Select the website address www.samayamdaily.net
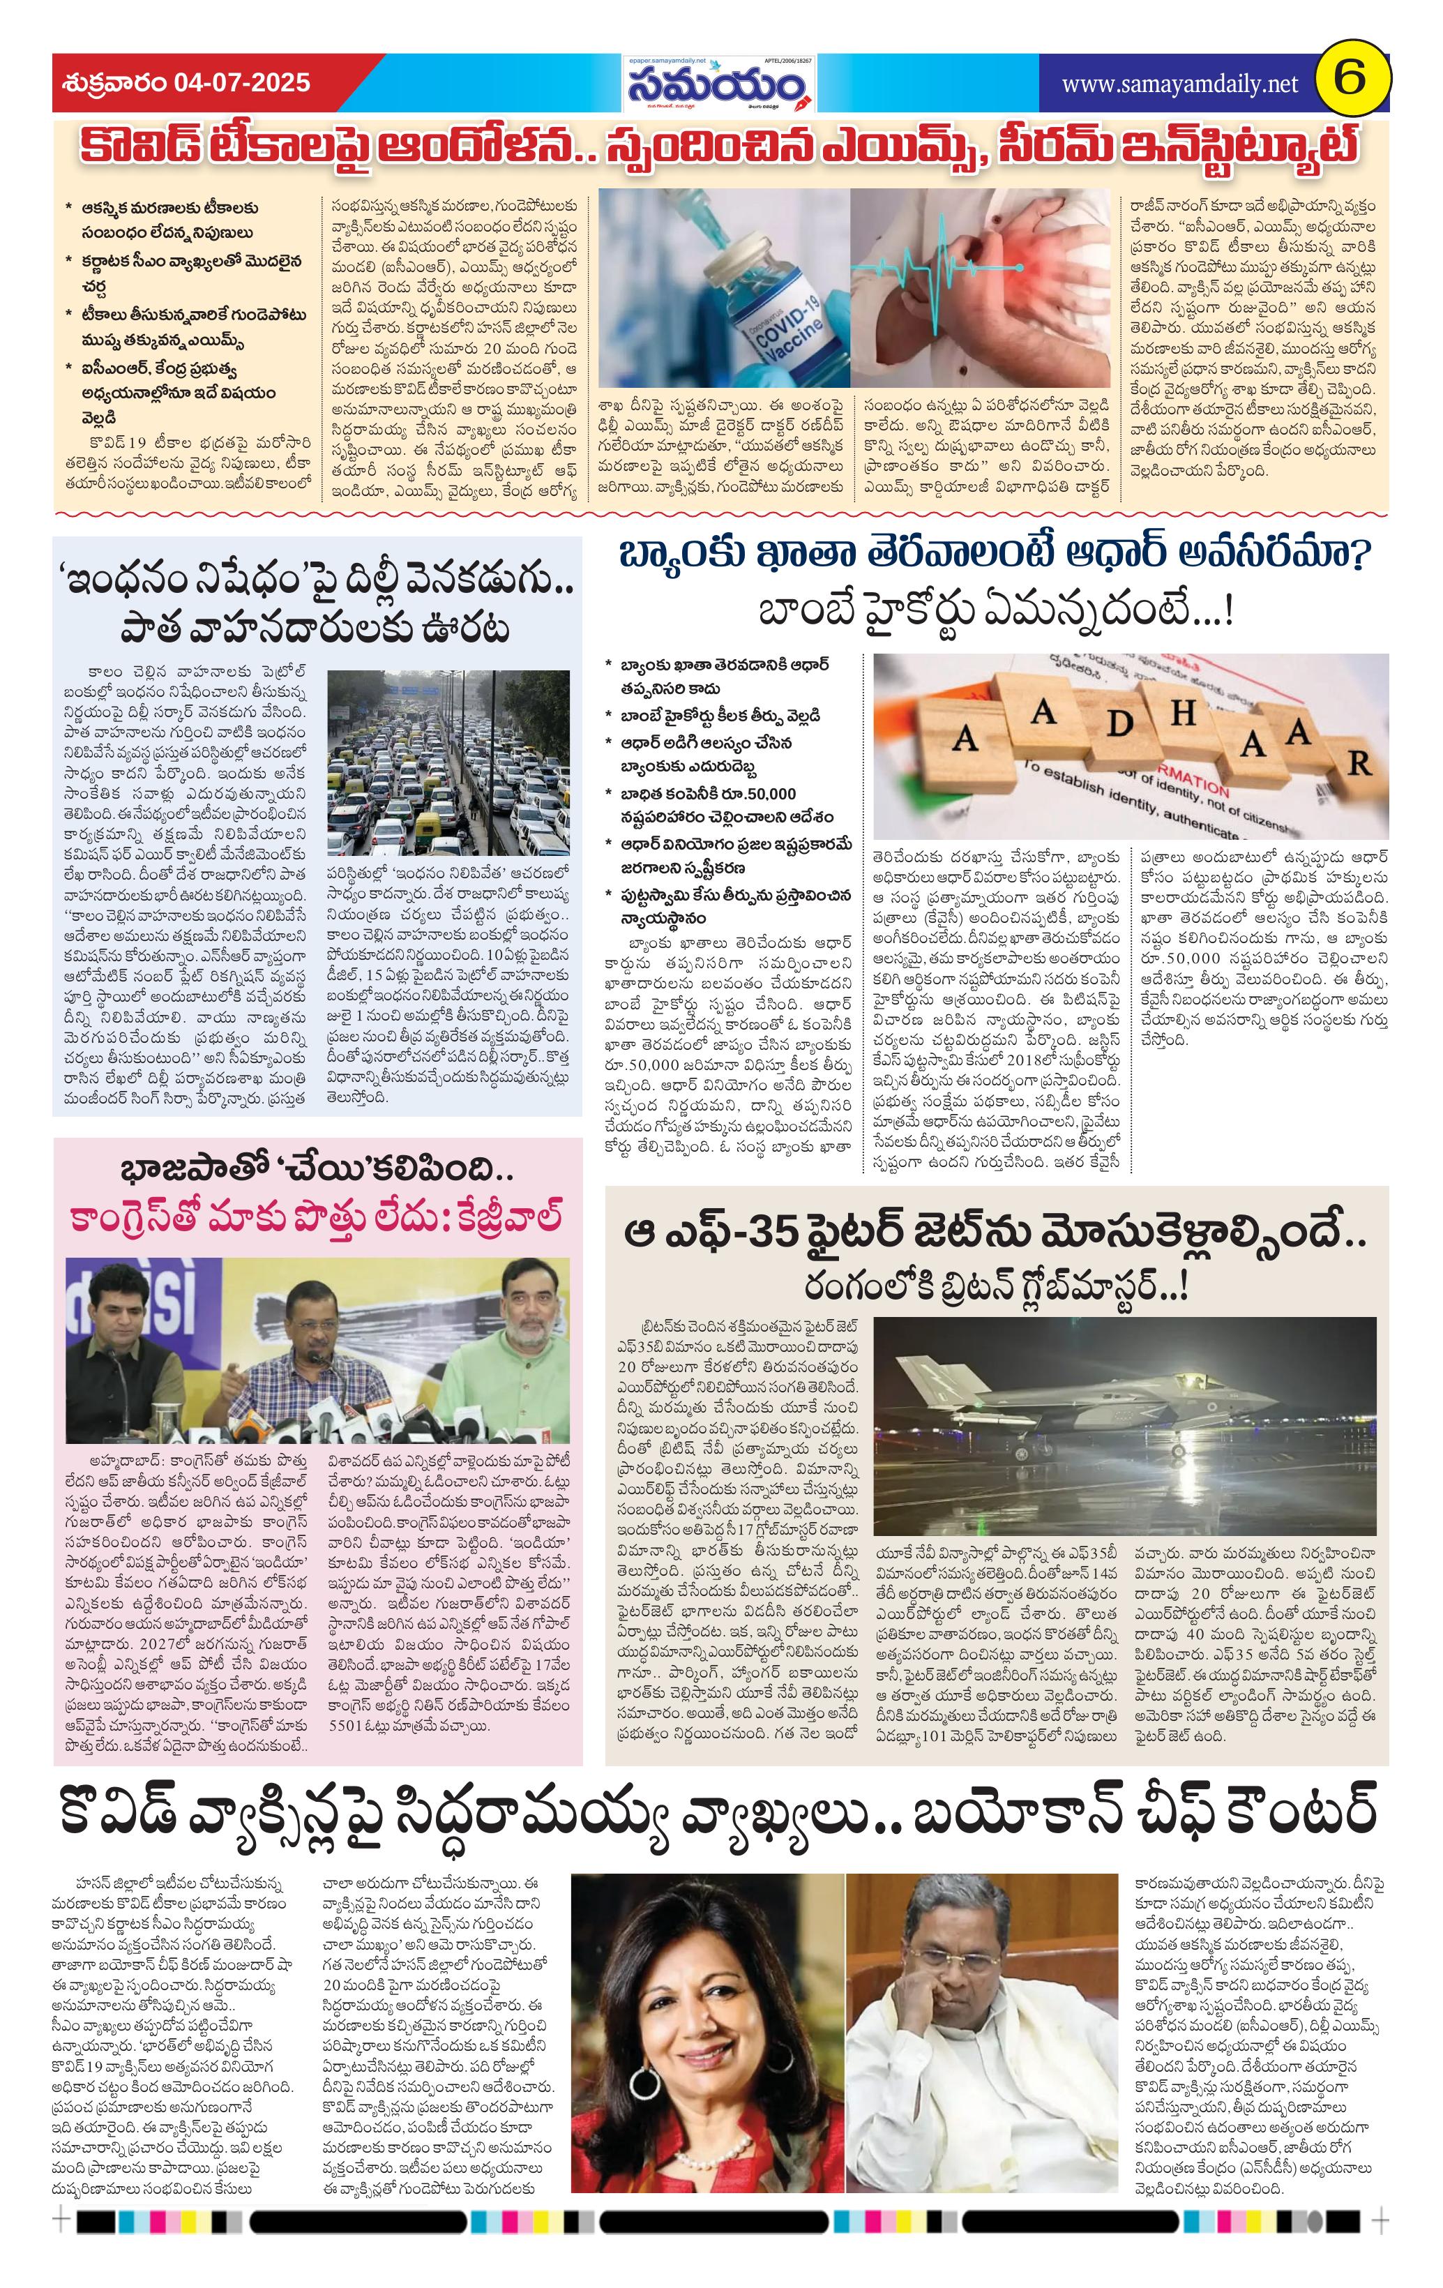1179,84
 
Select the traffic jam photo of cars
448,763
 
